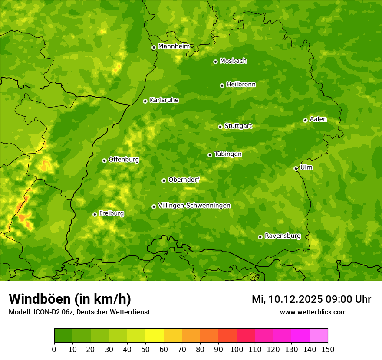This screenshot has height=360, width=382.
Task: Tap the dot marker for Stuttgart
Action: [220, 127]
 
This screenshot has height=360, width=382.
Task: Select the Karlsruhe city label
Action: [164, 100]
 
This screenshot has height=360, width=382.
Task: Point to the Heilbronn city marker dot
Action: [222, 85]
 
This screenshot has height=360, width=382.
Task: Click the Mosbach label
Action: [233, 61]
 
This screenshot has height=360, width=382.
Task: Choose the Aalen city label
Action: [318, 119]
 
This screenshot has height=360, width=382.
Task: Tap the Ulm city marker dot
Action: [296, 168]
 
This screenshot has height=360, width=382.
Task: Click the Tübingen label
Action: [228, 154]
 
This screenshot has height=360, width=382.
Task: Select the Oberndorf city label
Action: [184, 180]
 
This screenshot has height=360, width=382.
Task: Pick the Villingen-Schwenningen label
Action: [194, 206]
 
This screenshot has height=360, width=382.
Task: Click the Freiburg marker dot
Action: [95, 214]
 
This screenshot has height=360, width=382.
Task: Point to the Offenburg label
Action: [124, 160]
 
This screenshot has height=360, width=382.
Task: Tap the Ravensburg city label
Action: [283, 236]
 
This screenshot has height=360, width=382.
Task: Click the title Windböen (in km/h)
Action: [70, 299]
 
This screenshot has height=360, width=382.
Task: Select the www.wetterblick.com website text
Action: [313, 312]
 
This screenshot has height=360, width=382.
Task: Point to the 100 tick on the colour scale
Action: [237, 349]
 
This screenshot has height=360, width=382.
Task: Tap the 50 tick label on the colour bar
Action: [145, 349]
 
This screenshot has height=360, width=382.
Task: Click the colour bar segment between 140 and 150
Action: [319, 336]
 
